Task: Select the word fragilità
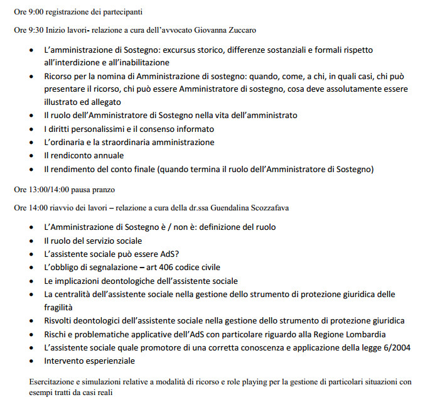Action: point(58,307)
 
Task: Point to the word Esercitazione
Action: point(53,381)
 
